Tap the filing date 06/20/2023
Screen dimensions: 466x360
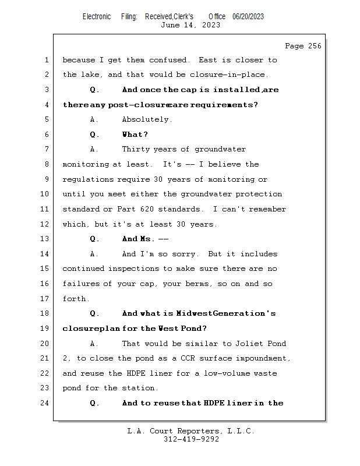[x=248, y=17]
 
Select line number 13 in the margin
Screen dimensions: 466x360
[x=46, y=239]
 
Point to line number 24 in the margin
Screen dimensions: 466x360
[x=46, y=403]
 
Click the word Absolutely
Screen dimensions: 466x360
[x=147, y=119]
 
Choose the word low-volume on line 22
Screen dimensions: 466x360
[x=192, y=373]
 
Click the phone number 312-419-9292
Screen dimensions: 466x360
[x=191, y=440]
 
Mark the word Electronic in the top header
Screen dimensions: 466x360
[x=97, y=17]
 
